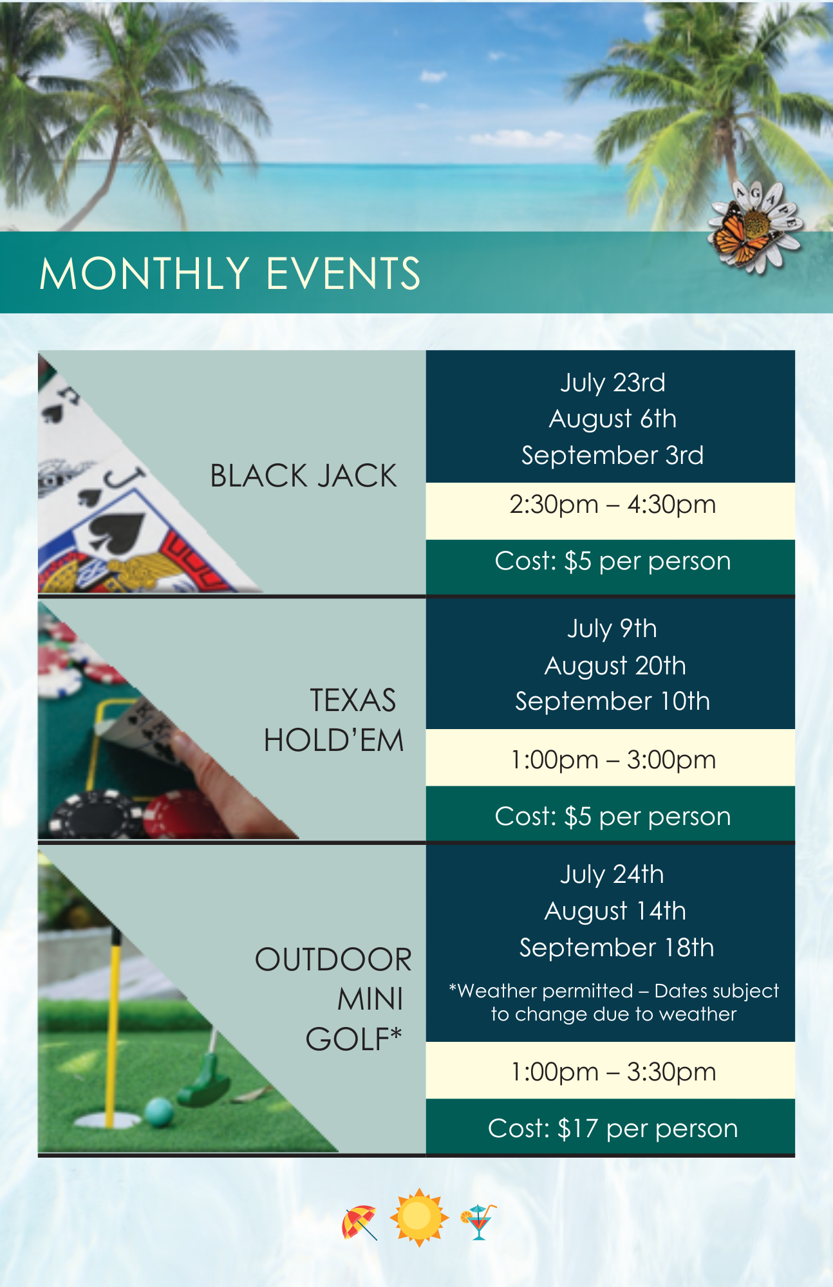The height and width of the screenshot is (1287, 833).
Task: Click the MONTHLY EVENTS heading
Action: point(230,273)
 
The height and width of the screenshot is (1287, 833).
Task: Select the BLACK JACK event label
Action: point(303,476)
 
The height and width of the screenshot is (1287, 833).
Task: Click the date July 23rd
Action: point(612,383)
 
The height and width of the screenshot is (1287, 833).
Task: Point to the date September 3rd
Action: point(612,456)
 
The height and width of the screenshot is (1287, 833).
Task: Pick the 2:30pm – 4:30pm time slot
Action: point(612,505)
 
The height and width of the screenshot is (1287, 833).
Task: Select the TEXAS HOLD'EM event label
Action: point(333,720)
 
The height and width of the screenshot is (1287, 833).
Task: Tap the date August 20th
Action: point(615,666)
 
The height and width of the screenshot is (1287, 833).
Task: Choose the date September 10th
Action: point(612,701)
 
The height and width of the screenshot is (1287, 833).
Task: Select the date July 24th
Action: point(612,875)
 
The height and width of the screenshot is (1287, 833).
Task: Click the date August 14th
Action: point(615,911)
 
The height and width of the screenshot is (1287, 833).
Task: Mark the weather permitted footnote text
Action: point(613,1002)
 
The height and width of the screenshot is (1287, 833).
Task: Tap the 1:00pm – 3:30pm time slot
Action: point(612,1072)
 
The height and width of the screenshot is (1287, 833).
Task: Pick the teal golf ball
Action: point(159,1112)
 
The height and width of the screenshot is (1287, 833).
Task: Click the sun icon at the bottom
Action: point(418,1218)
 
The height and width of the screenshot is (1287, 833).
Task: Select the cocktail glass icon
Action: point(478,1221)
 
